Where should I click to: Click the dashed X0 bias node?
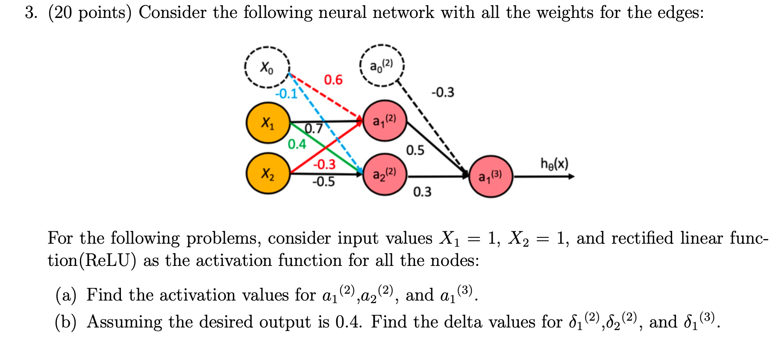point(267,67)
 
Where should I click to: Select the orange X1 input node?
point(268,123)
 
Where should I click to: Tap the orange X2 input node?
point(268,174)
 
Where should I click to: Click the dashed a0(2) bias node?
point(382,66)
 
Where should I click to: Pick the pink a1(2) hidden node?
point(384,121)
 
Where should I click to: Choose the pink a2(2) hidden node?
point(384,174)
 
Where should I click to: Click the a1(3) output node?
point(491,176)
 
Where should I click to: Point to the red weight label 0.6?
point(333,80)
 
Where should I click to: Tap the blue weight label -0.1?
point(286,94)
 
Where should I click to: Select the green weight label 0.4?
point(297,144)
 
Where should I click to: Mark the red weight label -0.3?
point(324,164)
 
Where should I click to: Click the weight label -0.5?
point(323,182)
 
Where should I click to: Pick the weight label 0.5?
point(415,150)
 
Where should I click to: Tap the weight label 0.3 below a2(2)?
point(422,192)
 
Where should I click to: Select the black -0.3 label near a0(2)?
point(443,92)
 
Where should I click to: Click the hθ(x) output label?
point(554,163)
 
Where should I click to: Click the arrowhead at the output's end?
point(571,176)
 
